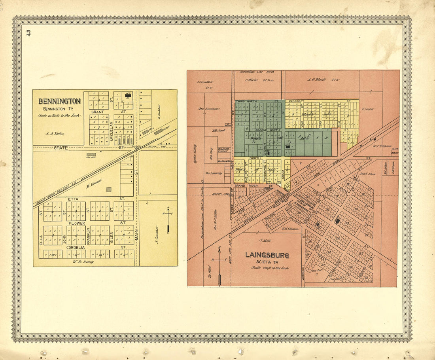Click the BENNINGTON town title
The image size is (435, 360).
click(x=59, y=101)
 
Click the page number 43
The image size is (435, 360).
click(x=28, y=33)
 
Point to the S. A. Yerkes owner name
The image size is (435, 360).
click(x=55, y=134)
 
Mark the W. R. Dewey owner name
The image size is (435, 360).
click(x=83, y=261)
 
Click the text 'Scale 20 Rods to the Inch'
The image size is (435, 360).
click(x=59, y=116)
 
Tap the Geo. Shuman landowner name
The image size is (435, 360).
click(x=206, y=108)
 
